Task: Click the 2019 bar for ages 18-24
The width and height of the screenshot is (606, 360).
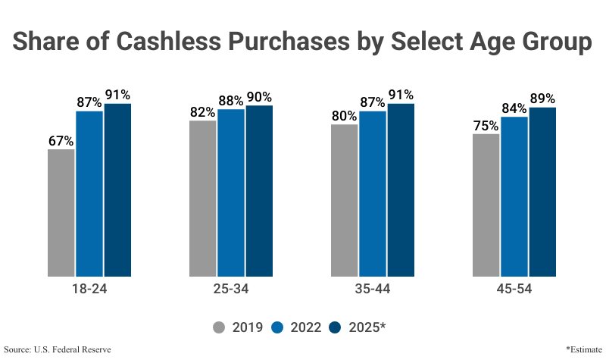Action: (x=61, y=212)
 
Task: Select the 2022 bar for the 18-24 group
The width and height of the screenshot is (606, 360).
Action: (x=89, y=193)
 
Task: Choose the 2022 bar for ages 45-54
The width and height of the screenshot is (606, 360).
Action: (x=514, y=196)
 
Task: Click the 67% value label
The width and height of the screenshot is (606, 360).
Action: (x=61, y=141)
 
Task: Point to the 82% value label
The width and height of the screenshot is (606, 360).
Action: (x=202, y=112)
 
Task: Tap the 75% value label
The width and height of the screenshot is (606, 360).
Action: (x=486, y=126)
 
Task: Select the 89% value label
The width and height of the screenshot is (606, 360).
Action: (x=542, y=99)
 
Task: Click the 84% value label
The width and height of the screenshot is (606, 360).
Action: (x=514, y=108)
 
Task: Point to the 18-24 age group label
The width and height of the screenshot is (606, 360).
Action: (x=89, y=289)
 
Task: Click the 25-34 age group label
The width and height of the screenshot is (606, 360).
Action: (x=231, y=289)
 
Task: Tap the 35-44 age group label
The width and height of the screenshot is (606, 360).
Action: (x=373, y=289)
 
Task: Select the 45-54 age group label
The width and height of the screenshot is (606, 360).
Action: (x=514, y=289)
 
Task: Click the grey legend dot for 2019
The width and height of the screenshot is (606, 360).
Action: (x=220, y=327)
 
